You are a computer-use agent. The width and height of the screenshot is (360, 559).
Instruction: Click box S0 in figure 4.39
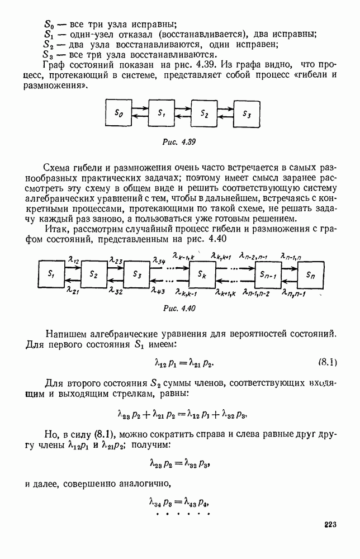(x=119, y=113)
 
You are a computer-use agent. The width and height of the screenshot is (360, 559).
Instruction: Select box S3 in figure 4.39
(x=247, y=113)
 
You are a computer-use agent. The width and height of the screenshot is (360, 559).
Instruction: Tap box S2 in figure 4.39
(x=204, y=113)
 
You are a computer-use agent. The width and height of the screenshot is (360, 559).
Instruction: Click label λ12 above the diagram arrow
(x=73, y=259)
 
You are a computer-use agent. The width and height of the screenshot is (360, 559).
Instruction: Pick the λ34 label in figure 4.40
(x=158, y=259)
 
